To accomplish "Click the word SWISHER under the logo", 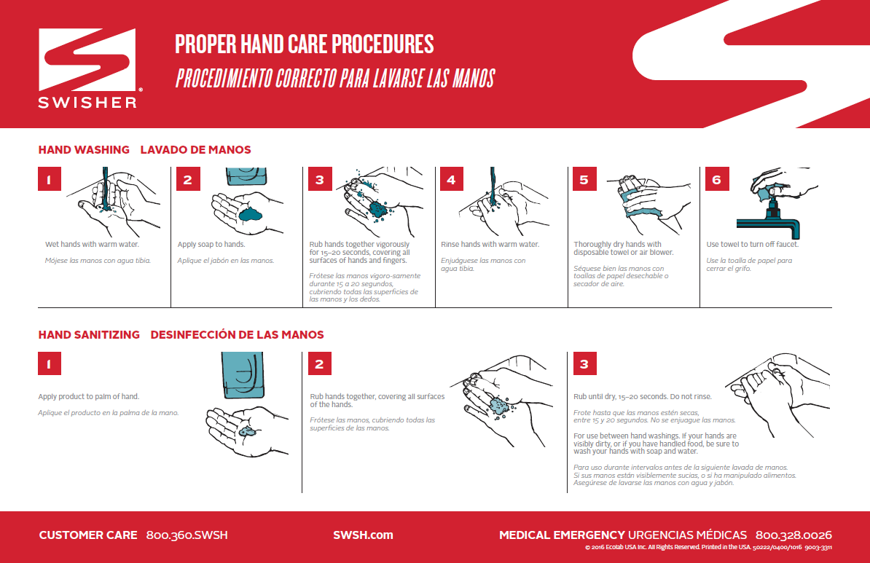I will [x=88, y=102].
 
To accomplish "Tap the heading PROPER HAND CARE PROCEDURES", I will [x=304, y=44].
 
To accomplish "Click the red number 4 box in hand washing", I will [x=451, y=179].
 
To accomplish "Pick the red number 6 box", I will [x=716, y=179].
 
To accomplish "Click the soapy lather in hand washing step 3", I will [x=377, y=209].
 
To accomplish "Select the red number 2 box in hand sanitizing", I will [x=319, y=364].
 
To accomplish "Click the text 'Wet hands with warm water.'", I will [x=92, y=245].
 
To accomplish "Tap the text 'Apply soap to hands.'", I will [x=211, y=245].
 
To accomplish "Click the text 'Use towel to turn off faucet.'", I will [x=752, y=245].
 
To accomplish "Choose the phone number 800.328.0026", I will [x=793, y=535].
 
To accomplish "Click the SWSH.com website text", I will [x=363, y=535].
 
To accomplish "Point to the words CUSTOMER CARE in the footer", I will [x=88, y=535].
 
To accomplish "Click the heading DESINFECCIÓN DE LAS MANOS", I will [x=237, y=335].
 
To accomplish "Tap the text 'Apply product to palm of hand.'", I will [x=89, y=397].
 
